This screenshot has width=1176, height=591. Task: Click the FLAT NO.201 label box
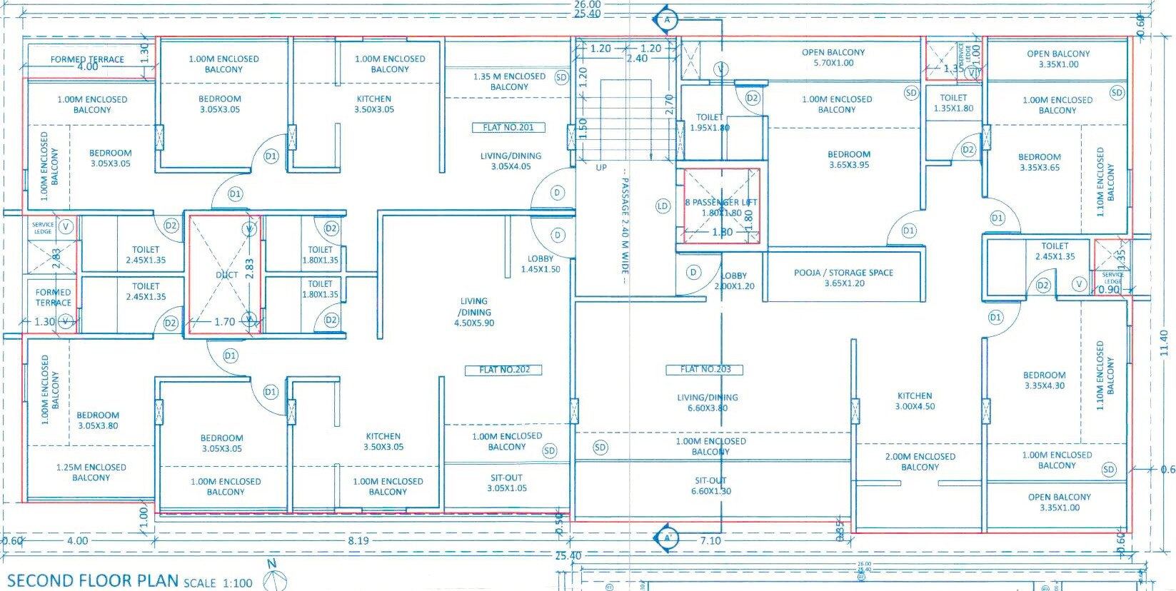point(508,128)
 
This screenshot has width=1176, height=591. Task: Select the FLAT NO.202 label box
point(504,370)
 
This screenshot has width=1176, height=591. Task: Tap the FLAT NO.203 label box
point(705,369)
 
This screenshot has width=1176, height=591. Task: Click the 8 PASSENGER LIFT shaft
point(721,207)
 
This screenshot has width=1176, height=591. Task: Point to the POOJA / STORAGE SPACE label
point(844,278)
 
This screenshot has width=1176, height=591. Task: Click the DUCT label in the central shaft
point(226,275)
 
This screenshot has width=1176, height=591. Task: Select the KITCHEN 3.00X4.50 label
point(915,401)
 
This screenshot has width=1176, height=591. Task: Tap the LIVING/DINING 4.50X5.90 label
point(475,312)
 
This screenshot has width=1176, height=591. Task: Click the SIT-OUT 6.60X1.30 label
point(711,486)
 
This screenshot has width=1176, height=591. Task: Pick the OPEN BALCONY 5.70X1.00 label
point(833,58)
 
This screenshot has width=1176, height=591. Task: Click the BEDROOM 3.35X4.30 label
point(1044,380)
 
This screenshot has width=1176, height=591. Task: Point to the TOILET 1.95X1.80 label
point(710,123)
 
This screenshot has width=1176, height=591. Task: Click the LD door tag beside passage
point(663,206)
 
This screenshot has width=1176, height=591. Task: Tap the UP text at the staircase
point(601,168)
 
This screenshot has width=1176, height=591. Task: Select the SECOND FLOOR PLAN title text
point(93,580)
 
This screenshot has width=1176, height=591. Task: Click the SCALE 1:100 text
point(218,583)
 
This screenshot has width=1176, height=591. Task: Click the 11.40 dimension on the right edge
point(1165,343)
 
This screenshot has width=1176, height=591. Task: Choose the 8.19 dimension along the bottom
point(358,541)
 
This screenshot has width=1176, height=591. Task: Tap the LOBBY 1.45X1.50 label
point(541,264)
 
